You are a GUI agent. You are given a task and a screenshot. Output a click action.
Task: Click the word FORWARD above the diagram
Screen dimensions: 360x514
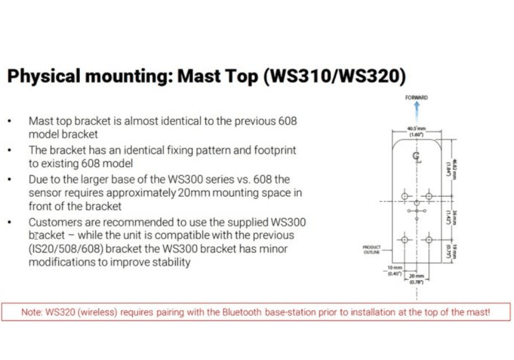click(416, 97)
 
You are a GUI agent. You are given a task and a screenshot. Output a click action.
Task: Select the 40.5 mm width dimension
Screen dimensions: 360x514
click(416, 131)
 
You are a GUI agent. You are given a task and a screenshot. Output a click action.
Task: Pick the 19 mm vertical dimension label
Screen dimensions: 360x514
click(454, 252)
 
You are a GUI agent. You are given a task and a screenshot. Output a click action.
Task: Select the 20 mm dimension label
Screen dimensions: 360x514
click(417, 279)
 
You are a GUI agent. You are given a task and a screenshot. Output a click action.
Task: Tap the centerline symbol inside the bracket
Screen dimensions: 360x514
click(416, 157)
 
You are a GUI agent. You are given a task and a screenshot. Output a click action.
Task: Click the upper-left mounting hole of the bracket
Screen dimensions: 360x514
click(405, 196)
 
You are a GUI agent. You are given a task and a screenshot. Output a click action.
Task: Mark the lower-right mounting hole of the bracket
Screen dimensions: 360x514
click(428, 240)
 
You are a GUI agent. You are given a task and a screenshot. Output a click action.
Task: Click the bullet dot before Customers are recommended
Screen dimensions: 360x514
click(9, 222)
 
